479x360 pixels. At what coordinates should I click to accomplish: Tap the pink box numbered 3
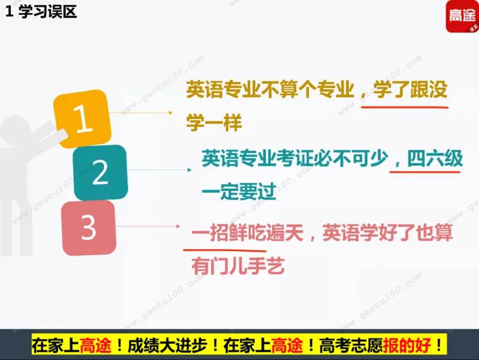[x=89, y=228]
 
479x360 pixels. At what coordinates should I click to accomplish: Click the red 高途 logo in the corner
[x=463, y=17]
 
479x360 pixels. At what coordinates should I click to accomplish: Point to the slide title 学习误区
[x=48, y=12]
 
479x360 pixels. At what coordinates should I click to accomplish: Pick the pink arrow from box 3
[x=150, y=226]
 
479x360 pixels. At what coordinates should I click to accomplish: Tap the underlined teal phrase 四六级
[x=435, y=158]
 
